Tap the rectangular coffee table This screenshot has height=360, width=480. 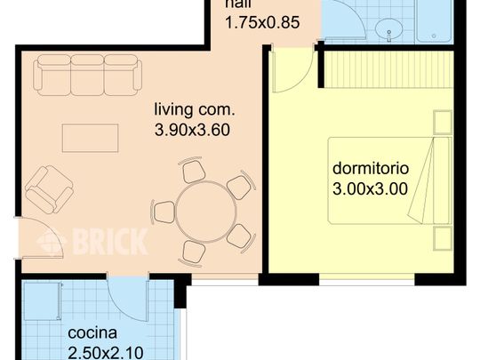pos(90,138)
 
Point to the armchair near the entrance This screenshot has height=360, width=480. pos(48,188)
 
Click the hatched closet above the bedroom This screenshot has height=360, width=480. pos(384,69)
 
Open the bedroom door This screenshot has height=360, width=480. pos(292,71)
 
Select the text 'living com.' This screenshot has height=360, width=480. pos(194,111)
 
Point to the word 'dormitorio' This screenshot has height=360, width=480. pos(370,168)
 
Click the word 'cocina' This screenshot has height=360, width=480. pos(93,333)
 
